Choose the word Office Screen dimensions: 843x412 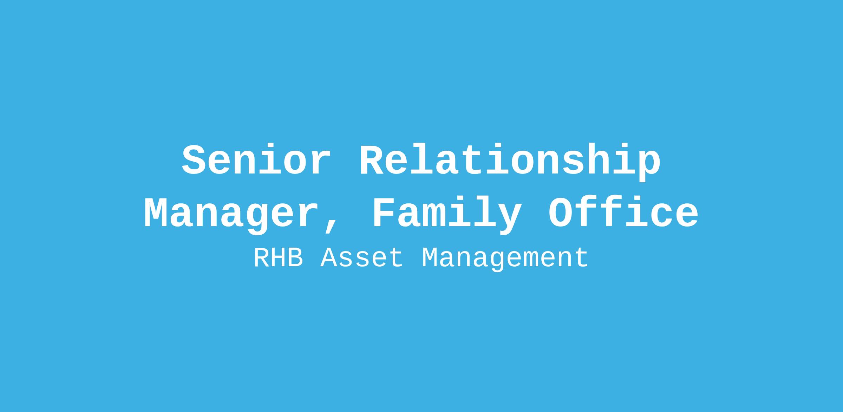click(x=623, y=212)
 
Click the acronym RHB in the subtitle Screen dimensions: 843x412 click(x=279, y=258)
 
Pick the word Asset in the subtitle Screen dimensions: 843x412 click(x=362, y=258)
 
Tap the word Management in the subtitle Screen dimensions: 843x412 click(x=505, y=259)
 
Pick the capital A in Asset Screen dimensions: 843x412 click(x=329, y=258)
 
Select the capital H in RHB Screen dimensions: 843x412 click(x=279, y=258)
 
